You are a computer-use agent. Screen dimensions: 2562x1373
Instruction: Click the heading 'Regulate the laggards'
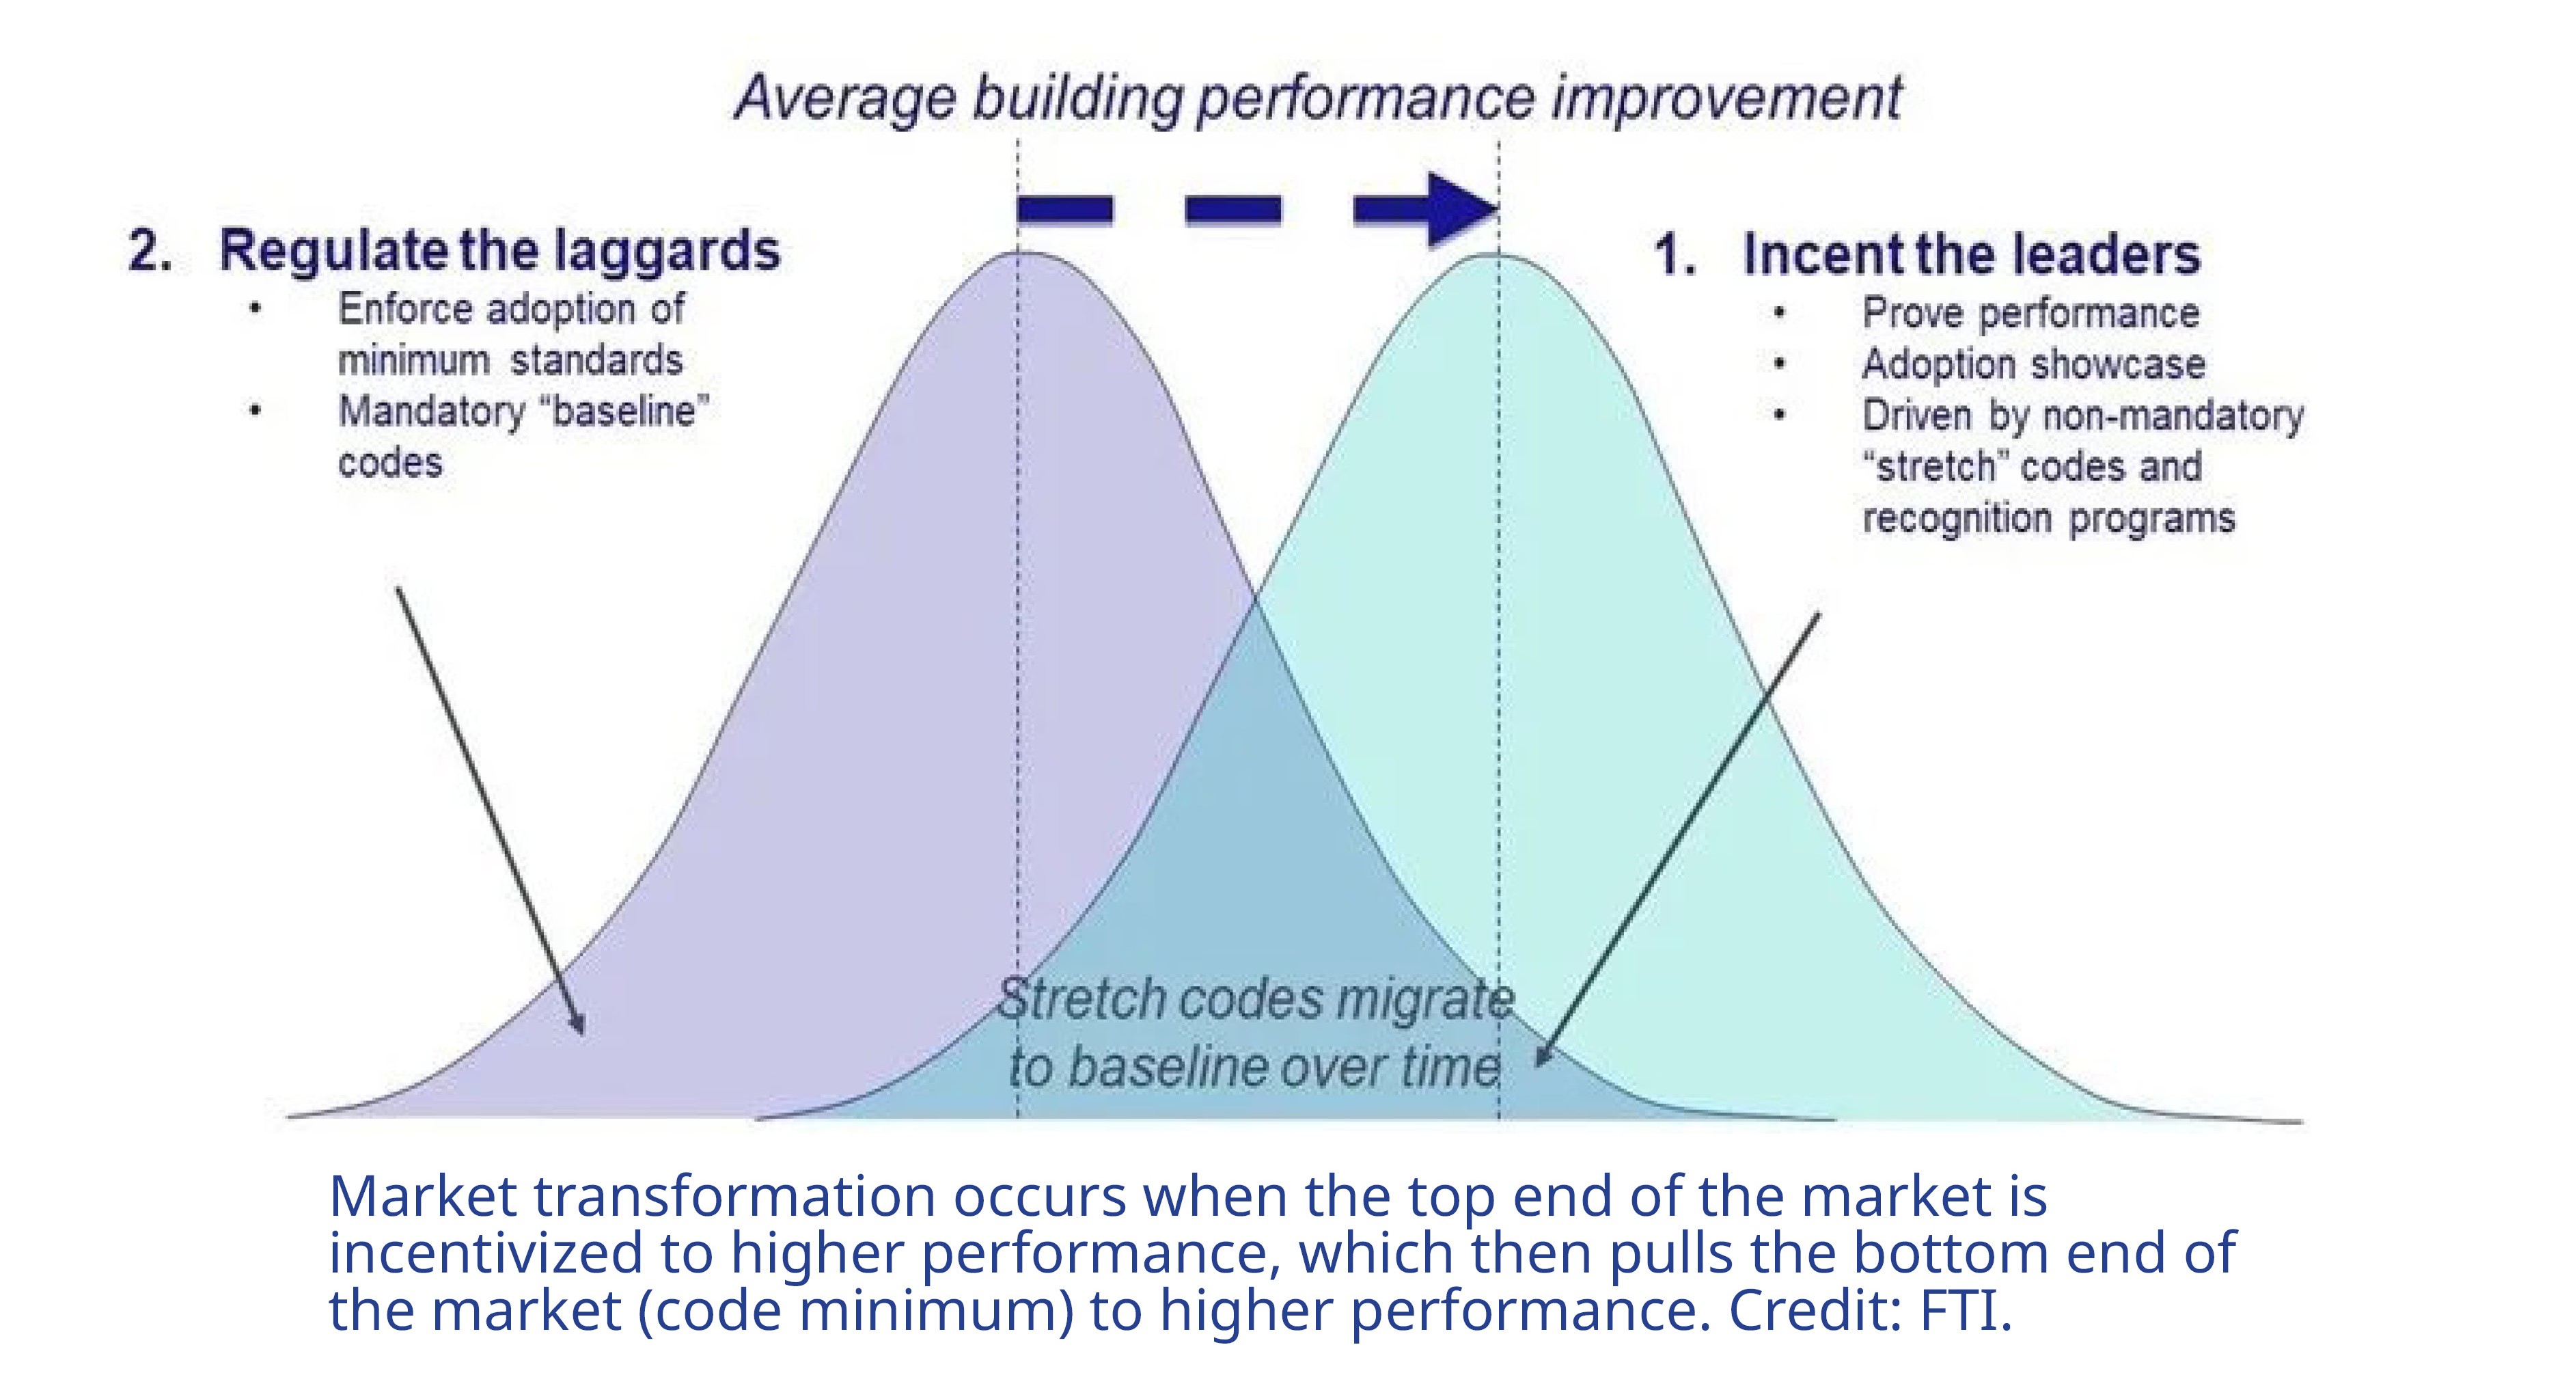point(499,251)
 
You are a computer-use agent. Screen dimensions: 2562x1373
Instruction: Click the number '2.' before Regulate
point(150,251)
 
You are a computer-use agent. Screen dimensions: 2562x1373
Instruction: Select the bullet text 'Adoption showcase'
point(2033,364)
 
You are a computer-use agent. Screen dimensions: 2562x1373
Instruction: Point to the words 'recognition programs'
point(2048,518)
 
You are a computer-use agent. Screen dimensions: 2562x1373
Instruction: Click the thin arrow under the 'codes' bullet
point(491,811)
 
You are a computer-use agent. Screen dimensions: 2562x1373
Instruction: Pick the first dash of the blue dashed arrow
point(1064,210)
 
